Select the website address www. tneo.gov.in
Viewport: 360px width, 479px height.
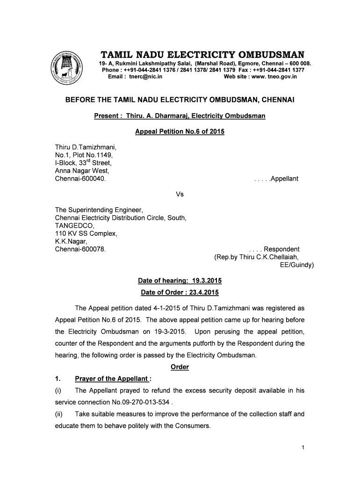point(274,76)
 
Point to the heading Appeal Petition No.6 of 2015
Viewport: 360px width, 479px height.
point(180,131)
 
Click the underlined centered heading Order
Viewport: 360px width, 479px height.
point(180,367)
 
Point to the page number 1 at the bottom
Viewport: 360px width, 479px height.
point(303,448)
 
